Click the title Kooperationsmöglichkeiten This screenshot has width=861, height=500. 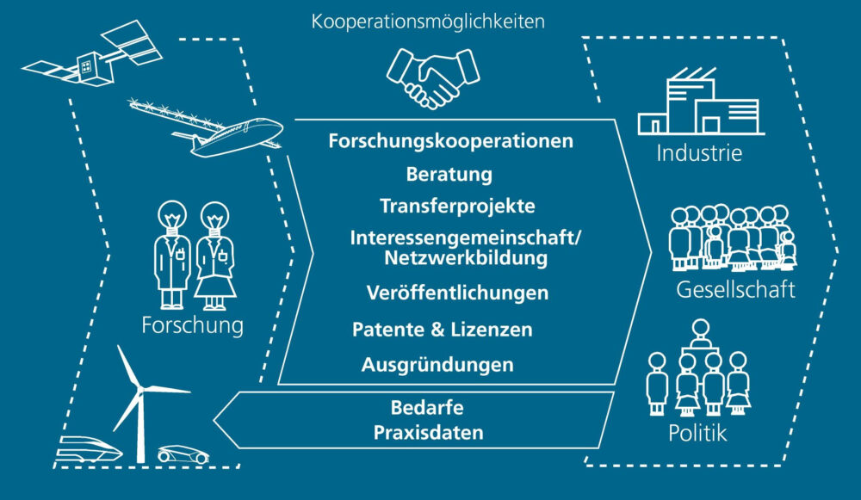pyautogui.click(x=428, y=22)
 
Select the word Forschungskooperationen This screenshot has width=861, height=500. pyautogui.click(x=450, y=141)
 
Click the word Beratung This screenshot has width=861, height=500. pyautogui.click(x=449, y=174)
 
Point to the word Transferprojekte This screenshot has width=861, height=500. pyautogui.click(x=457, y=207)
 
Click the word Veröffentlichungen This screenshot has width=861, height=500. pyautogui.click(x=457, y=293)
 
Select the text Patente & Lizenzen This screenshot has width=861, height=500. pyautogui.click(x=442, y=330)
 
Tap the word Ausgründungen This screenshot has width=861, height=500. pyautogui.click(x=437, y=365)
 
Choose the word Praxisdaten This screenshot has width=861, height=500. pyautogui.click(x=428, y=432)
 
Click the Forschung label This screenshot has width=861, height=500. pyautogui.click(x=194, y=326)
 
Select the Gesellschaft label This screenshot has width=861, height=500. pyautogui.click(x=732, y=289)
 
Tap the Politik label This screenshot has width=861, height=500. pyautogui.click(x=697, y=432)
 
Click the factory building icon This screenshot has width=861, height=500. pyautogui.click(x=698, y=105)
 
